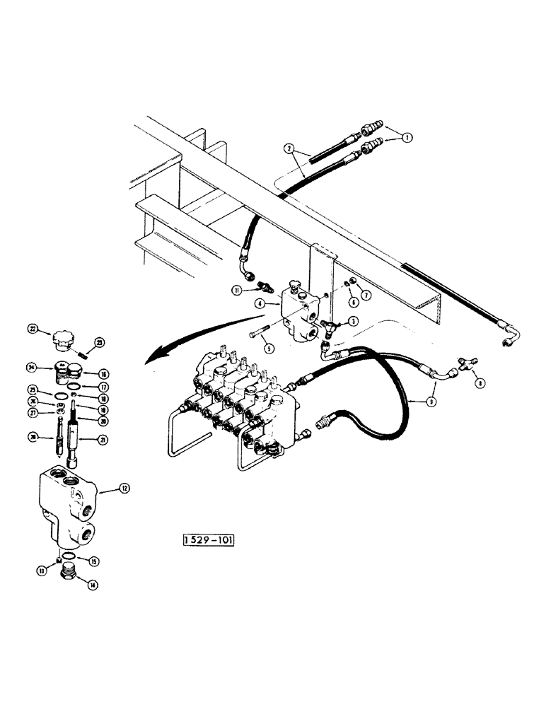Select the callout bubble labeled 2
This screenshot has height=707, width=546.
[289, 149]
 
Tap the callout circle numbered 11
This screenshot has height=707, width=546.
[236, 289]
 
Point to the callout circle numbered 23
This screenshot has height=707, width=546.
[100, 342]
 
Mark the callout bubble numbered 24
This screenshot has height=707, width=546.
[33, 367]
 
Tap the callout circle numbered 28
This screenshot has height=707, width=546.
[33, 438]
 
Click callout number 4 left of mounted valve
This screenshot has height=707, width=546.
[262, 304]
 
